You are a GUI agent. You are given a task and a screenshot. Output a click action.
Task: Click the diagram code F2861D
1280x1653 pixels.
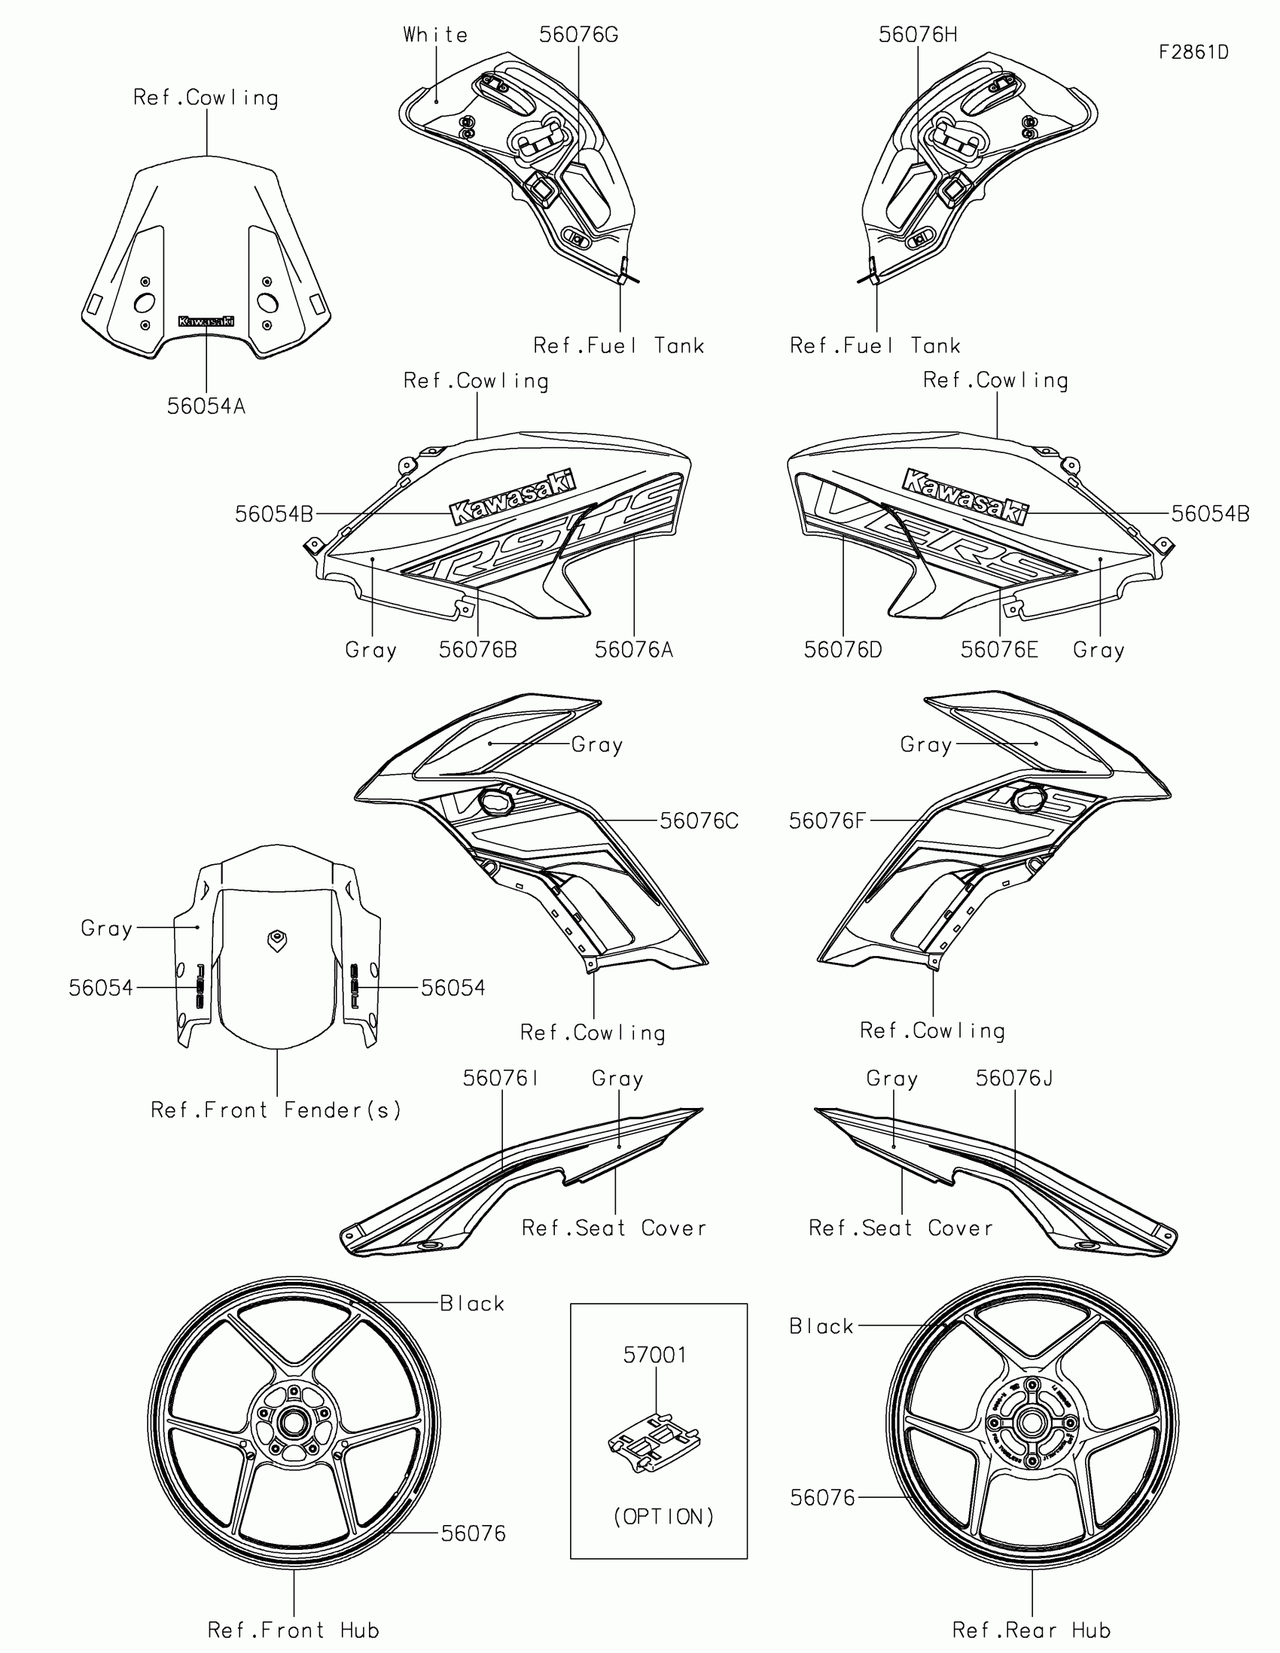pos(1193,52)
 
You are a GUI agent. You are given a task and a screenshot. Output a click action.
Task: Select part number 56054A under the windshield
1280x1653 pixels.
pos(206,406)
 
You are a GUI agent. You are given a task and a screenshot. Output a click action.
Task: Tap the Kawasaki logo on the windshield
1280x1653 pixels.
pos(206,321)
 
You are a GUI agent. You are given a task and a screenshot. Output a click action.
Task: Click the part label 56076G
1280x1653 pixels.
pos(578,35)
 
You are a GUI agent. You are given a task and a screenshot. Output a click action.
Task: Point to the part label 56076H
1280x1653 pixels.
pos(917,35)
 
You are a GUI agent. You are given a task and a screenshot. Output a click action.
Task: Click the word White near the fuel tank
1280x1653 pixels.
pos(435,35)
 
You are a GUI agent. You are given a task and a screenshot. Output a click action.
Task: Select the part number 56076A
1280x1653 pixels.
pos(633,650)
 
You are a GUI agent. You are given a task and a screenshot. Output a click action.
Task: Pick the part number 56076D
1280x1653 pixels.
pos(843,650)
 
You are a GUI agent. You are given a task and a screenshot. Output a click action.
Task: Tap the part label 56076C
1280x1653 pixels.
pos(699,821)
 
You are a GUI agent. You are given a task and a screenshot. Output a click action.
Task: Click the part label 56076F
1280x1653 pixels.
pos(827,821)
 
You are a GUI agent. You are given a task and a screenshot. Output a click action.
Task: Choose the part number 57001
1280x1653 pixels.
pos(656,1355)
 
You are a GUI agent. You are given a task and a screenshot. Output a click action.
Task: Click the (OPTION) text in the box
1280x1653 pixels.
pos(663,1516)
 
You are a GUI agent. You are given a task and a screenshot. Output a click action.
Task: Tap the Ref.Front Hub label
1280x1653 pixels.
pos(294,1630)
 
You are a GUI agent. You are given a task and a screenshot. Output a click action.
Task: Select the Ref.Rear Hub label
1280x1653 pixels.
pos(1032,1630)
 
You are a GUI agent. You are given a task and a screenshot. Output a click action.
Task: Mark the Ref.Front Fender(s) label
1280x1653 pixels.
pos(276,1110)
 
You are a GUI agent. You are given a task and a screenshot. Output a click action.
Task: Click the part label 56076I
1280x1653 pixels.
pos(501,1079)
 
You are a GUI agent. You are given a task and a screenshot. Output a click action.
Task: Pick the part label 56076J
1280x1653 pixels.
pos(1013,1079)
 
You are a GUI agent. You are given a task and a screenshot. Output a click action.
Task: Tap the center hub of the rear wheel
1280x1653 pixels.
pos(1030,1422)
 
